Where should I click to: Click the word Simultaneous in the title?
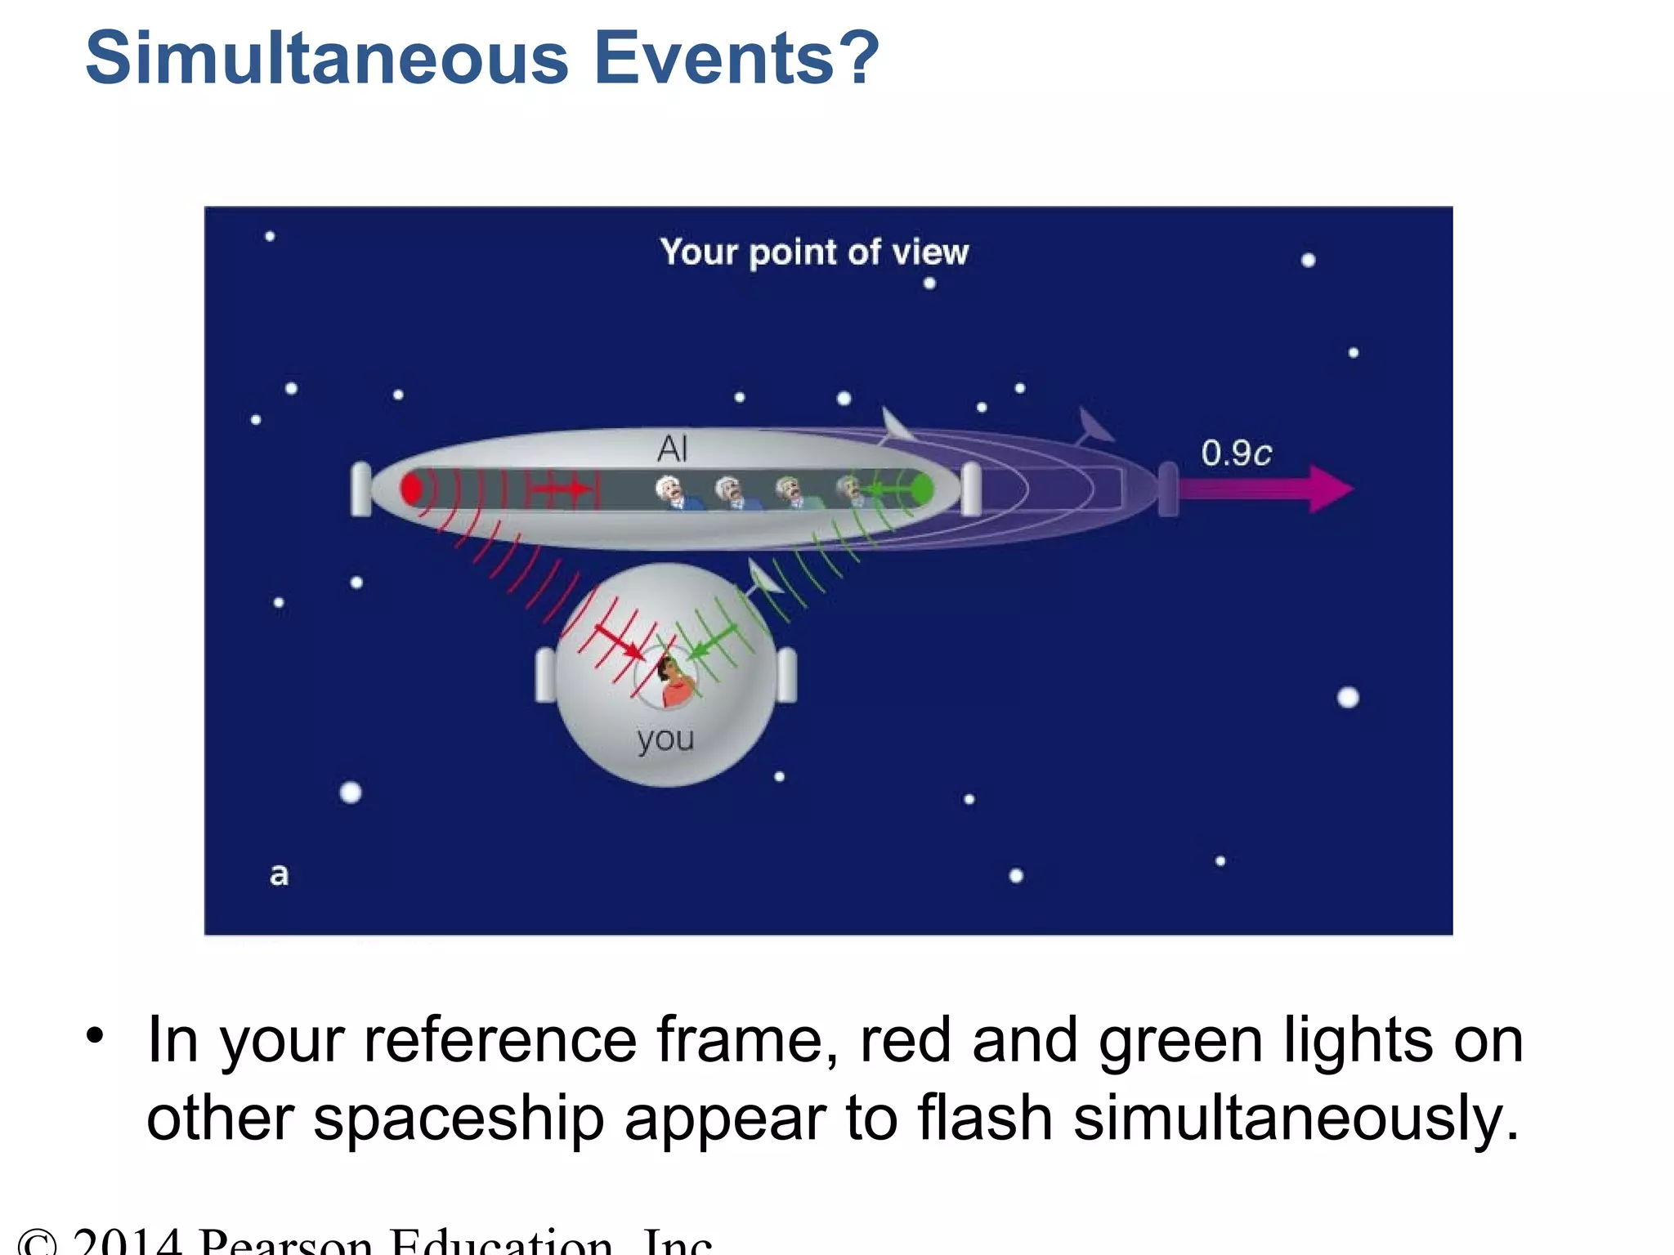click(x=327, y=59)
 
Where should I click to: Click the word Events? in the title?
click(x=736, y=59)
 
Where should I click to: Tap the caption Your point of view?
click(x=814, y=252)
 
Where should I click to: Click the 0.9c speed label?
click(x=1236, y=453)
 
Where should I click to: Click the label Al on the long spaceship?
click(x=672, y=449)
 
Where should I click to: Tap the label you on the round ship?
click(x=665, y=739)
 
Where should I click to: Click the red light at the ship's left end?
click(x=411, y=489)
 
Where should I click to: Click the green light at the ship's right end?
click(x=921, y=489)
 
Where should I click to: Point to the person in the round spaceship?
click(x=674, y=681)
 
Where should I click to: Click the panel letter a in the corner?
click(x=279, y=875)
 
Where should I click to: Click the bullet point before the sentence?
click(x=96, y=1036)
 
